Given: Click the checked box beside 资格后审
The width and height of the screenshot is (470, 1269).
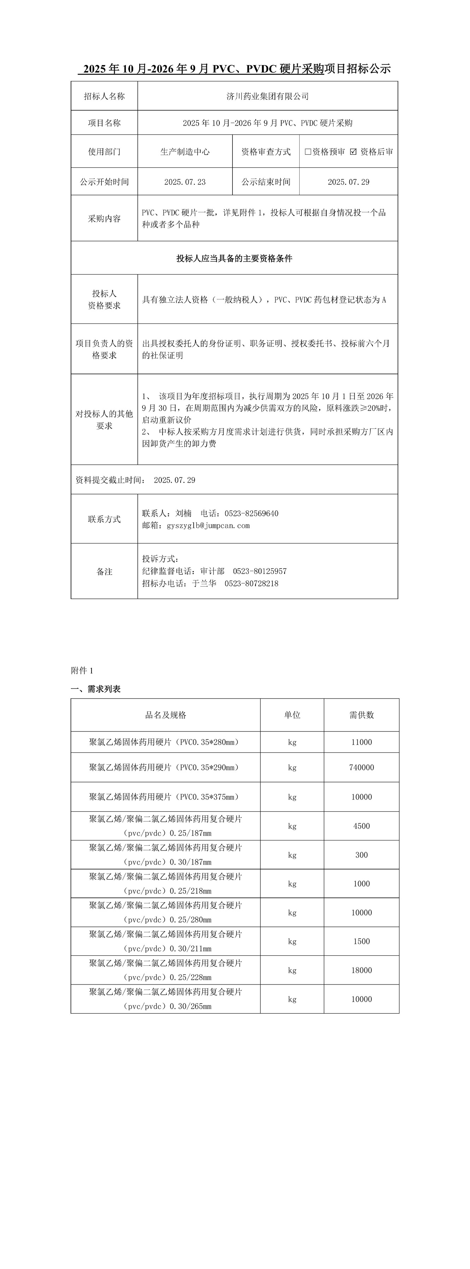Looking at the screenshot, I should [353, 152].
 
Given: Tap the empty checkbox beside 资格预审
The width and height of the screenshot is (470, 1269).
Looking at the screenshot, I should [308, 152].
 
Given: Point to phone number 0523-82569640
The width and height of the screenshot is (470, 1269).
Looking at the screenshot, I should [252, 513].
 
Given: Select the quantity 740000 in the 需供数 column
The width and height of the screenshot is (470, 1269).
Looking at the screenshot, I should [361, 768].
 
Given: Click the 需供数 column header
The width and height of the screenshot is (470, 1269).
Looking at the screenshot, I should [361, 715].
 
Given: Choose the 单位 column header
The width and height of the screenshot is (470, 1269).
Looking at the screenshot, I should [292, 715].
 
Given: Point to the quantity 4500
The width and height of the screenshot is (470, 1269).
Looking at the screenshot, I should [361, 826].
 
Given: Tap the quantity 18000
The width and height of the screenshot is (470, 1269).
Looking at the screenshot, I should [361, 970].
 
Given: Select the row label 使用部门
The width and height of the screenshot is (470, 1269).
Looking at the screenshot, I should [104, 152].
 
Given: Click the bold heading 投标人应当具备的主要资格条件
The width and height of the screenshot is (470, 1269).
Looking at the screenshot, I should [234, 258].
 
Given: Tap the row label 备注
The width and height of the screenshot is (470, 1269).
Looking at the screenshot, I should [104, 572].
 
